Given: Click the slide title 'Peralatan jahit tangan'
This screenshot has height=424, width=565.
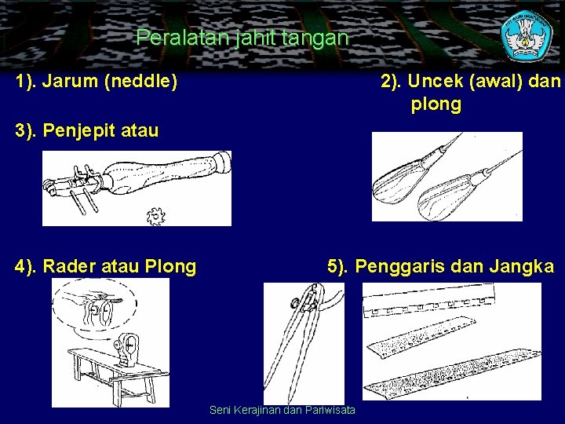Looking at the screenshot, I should pos(242,37).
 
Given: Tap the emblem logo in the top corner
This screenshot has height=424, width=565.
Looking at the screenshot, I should pos(527,35).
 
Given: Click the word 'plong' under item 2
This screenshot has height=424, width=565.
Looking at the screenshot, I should pos(436,104).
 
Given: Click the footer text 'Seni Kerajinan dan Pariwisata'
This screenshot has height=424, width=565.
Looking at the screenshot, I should pos(282,410).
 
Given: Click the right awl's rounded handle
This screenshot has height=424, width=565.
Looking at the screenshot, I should pos(446,199).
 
